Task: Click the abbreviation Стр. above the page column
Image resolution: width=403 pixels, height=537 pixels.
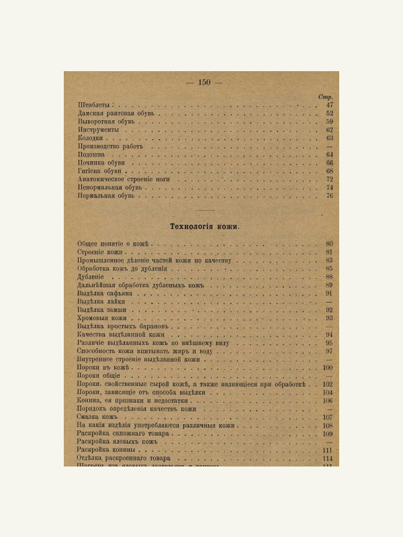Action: [326, 97]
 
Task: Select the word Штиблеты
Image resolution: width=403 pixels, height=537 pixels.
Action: [94, 105]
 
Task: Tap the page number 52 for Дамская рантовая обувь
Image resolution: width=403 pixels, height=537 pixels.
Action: [329, 113]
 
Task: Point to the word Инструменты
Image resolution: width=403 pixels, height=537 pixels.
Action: [98, 130]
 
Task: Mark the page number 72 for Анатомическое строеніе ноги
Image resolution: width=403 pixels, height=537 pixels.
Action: [329, 179]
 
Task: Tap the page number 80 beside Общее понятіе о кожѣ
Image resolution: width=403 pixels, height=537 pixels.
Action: [329, 244]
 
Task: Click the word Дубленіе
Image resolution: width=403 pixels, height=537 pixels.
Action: [91, 277]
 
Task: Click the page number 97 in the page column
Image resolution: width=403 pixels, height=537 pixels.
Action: [329, 351]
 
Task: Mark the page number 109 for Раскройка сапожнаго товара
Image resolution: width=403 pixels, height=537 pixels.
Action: [328, 434]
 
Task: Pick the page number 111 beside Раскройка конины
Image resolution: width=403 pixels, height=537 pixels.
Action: [328, 450]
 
